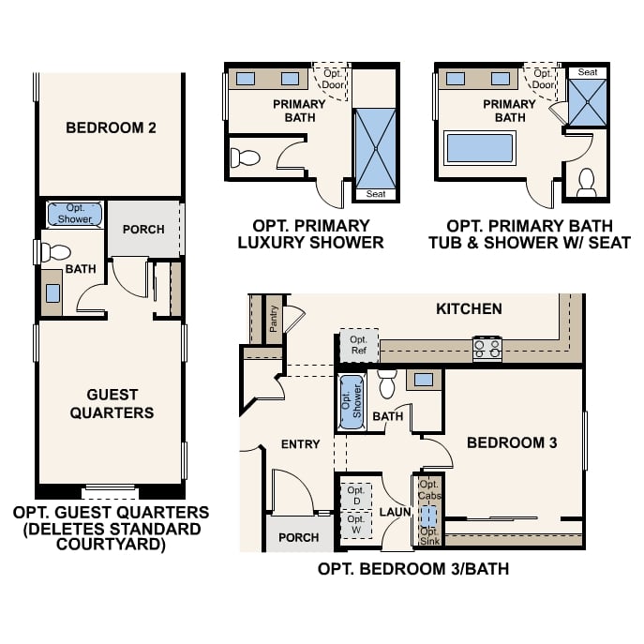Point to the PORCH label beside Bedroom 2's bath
[x=143, y=229]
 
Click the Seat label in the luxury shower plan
[x=375, y=194]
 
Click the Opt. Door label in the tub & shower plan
[x=542, y=79]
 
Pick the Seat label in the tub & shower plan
[x=588, y=72]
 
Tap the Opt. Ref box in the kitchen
[x=358, y=345]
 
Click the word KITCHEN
[x=469, y=308]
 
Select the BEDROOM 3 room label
[x=512, y=442]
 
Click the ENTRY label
[x=300, y=444]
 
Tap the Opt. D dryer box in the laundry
[x=356, y=496]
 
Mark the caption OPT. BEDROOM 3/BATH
[x=413, y=569]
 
